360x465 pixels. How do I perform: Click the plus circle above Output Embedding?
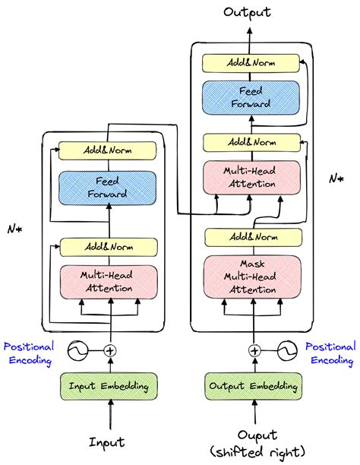click(254, 351)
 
